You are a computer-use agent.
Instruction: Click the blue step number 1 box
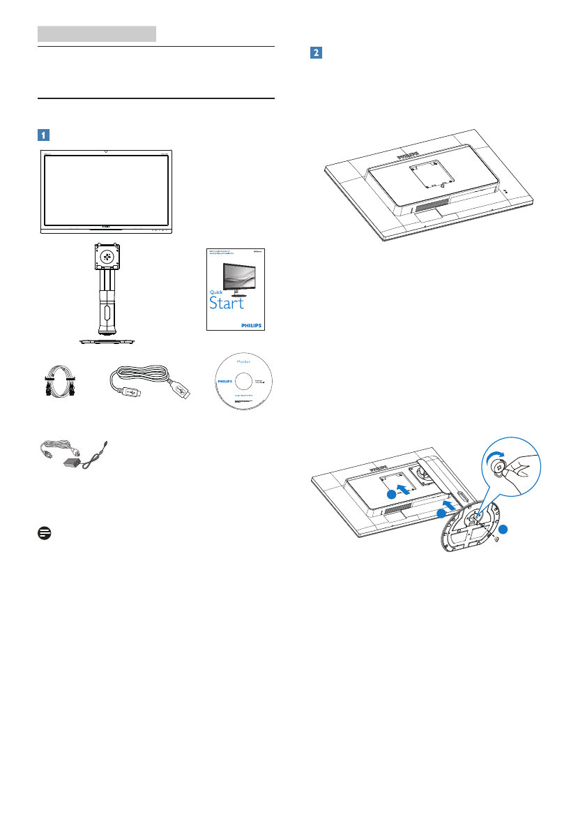coord(43,135)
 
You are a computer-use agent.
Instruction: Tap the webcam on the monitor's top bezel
coord(105,151)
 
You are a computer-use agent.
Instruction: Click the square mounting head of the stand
coord(105,255)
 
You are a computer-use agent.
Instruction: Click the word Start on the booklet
coord(228,304)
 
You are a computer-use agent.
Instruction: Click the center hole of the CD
coord(243,383)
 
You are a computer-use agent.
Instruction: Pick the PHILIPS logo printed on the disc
coord(223,382)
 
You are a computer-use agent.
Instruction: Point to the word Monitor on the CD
coord(243,362)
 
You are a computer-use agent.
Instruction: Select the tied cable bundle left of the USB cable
coord(58,384)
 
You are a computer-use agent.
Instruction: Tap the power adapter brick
coord(72,463)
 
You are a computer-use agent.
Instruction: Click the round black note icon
coord(41,532)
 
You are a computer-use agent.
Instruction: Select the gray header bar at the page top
coord(96,33)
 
